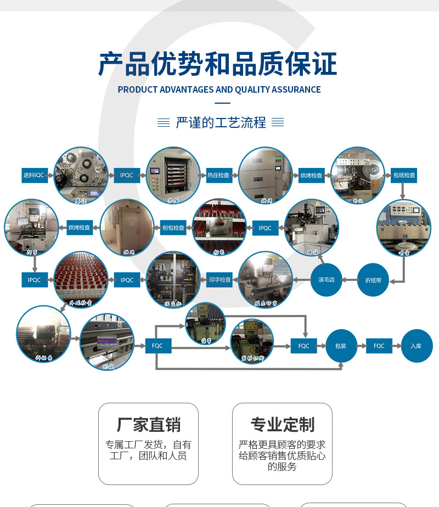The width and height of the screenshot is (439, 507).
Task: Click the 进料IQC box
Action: coord(33,175)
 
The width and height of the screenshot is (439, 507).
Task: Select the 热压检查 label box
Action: coord(218,175)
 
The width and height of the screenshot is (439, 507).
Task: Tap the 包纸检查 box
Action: coord(404,175)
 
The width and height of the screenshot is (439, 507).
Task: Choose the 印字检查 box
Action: coord(220,280)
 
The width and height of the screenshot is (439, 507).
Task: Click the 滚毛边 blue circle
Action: coord(327,280)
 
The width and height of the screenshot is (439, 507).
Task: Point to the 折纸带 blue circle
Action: coord(373,280)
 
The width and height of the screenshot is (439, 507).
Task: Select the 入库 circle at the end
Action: coord(417,346)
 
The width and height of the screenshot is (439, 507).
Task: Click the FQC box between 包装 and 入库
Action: coord(379,346)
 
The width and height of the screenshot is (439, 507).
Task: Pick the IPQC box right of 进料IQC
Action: coord(127,175)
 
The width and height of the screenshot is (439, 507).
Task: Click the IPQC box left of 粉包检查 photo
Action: coord(265,227)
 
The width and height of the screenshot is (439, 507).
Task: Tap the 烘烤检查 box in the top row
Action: coord(311,175)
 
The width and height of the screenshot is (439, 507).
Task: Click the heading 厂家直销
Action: coord(148,425)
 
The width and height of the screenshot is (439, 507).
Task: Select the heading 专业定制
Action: coord(282,425)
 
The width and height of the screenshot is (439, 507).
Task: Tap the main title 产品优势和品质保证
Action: coord(218,64)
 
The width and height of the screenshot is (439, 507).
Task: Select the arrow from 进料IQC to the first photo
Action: coord(50,176)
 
